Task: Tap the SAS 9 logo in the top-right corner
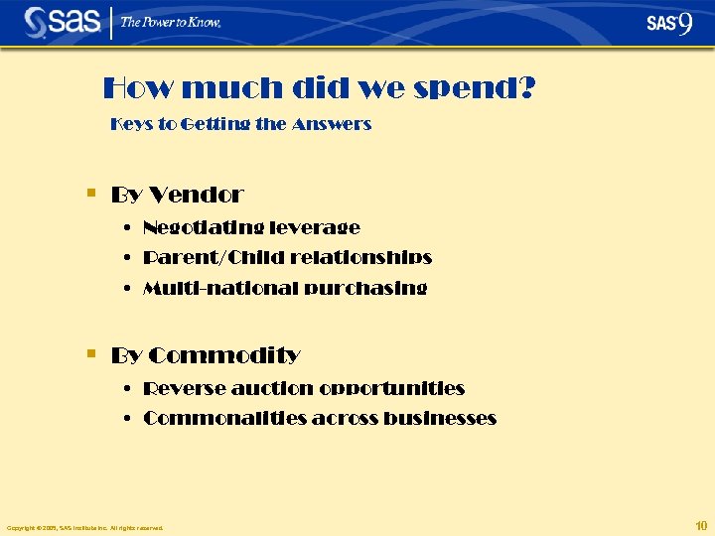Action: tap(669, 23)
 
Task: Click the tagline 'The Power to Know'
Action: tap(171, 22)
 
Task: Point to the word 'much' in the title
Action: tap(234, 89)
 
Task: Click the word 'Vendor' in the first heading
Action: tap(198, 195)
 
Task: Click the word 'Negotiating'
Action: tap(194, 228)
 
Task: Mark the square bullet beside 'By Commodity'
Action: tap(91, 353)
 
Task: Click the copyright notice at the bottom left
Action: tap(84, 527)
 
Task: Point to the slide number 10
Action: tap(701, 525)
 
